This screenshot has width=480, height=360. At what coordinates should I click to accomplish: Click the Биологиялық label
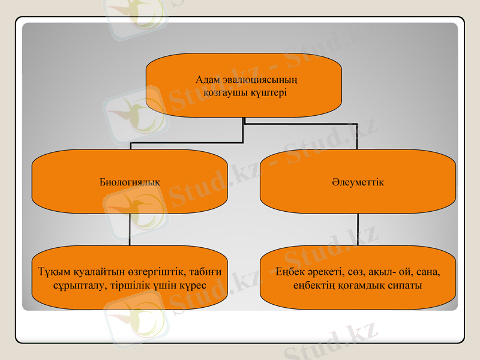pyautogui.click(x=130, y=182)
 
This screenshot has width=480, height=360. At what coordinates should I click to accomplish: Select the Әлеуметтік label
pyautogui.click(x=358, y=182)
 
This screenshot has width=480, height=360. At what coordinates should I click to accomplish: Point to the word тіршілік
pyautogui.click(x=128, y=285)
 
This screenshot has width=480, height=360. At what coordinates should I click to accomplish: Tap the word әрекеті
pyautogui.click(x=326, y=272)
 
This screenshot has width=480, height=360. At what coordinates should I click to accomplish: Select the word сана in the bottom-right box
pyautogui.click(x=428, y=272)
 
